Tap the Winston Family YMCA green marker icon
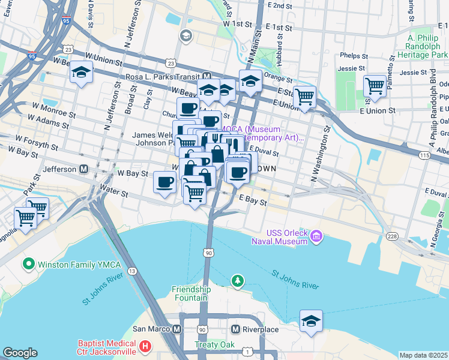(28, 263)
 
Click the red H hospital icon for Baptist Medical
(145, 346)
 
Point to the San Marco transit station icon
(177, 329)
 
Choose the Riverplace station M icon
(236, 329)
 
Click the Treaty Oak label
(210, 345)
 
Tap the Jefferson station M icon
(83, 169)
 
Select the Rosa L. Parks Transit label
(163, 77)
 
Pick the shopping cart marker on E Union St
(305, 95)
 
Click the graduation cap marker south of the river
(311, 321)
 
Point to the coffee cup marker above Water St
(164, 182)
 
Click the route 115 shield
(425, 155)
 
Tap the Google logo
(20, 353)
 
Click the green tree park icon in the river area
(238, 280)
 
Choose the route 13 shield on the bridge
(131, 272)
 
